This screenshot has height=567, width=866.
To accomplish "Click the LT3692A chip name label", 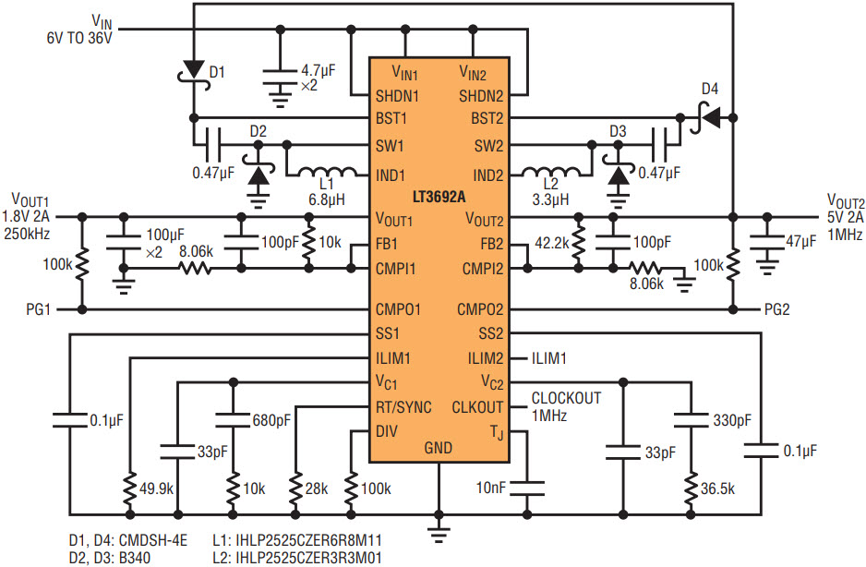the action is pos(439,198).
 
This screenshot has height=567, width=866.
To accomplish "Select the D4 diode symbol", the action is pos(707,117).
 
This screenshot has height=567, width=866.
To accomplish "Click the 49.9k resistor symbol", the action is pos(130,489).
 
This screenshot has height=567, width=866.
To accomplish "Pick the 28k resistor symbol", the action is pos(296,489).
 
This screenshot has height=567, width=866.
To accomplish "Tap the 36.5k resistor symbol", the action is pos(691,489).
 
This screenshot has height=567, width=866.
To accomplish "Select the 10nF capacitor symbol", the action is pos(527,488).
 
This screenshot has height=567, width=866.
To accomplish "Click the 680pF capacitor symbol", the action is pos(233,420).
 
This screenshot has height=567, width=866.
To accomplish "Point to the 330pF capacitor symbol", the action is pos(691,420).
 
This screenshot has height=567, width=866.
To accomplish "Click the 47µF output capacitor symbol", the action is pos(766,243).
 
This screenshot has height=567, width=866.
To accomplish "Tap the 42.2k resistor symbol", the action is pos(578,244).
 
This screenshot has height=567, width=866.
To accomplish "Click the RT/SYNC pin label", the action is pos(403,408).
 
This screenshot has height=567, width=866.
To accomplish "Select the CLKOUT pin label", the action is pos(477,408).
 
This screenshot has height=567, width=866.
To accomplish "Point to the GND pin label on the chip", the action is pos(438,448).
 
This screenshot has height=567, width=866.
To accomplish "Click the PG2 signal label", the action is pos(776,310).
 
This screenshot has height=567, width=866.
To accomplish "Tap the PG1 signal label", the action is pos(39,310).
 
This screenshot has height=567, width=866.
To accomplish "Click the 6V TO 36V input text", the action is pos(79,38).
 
